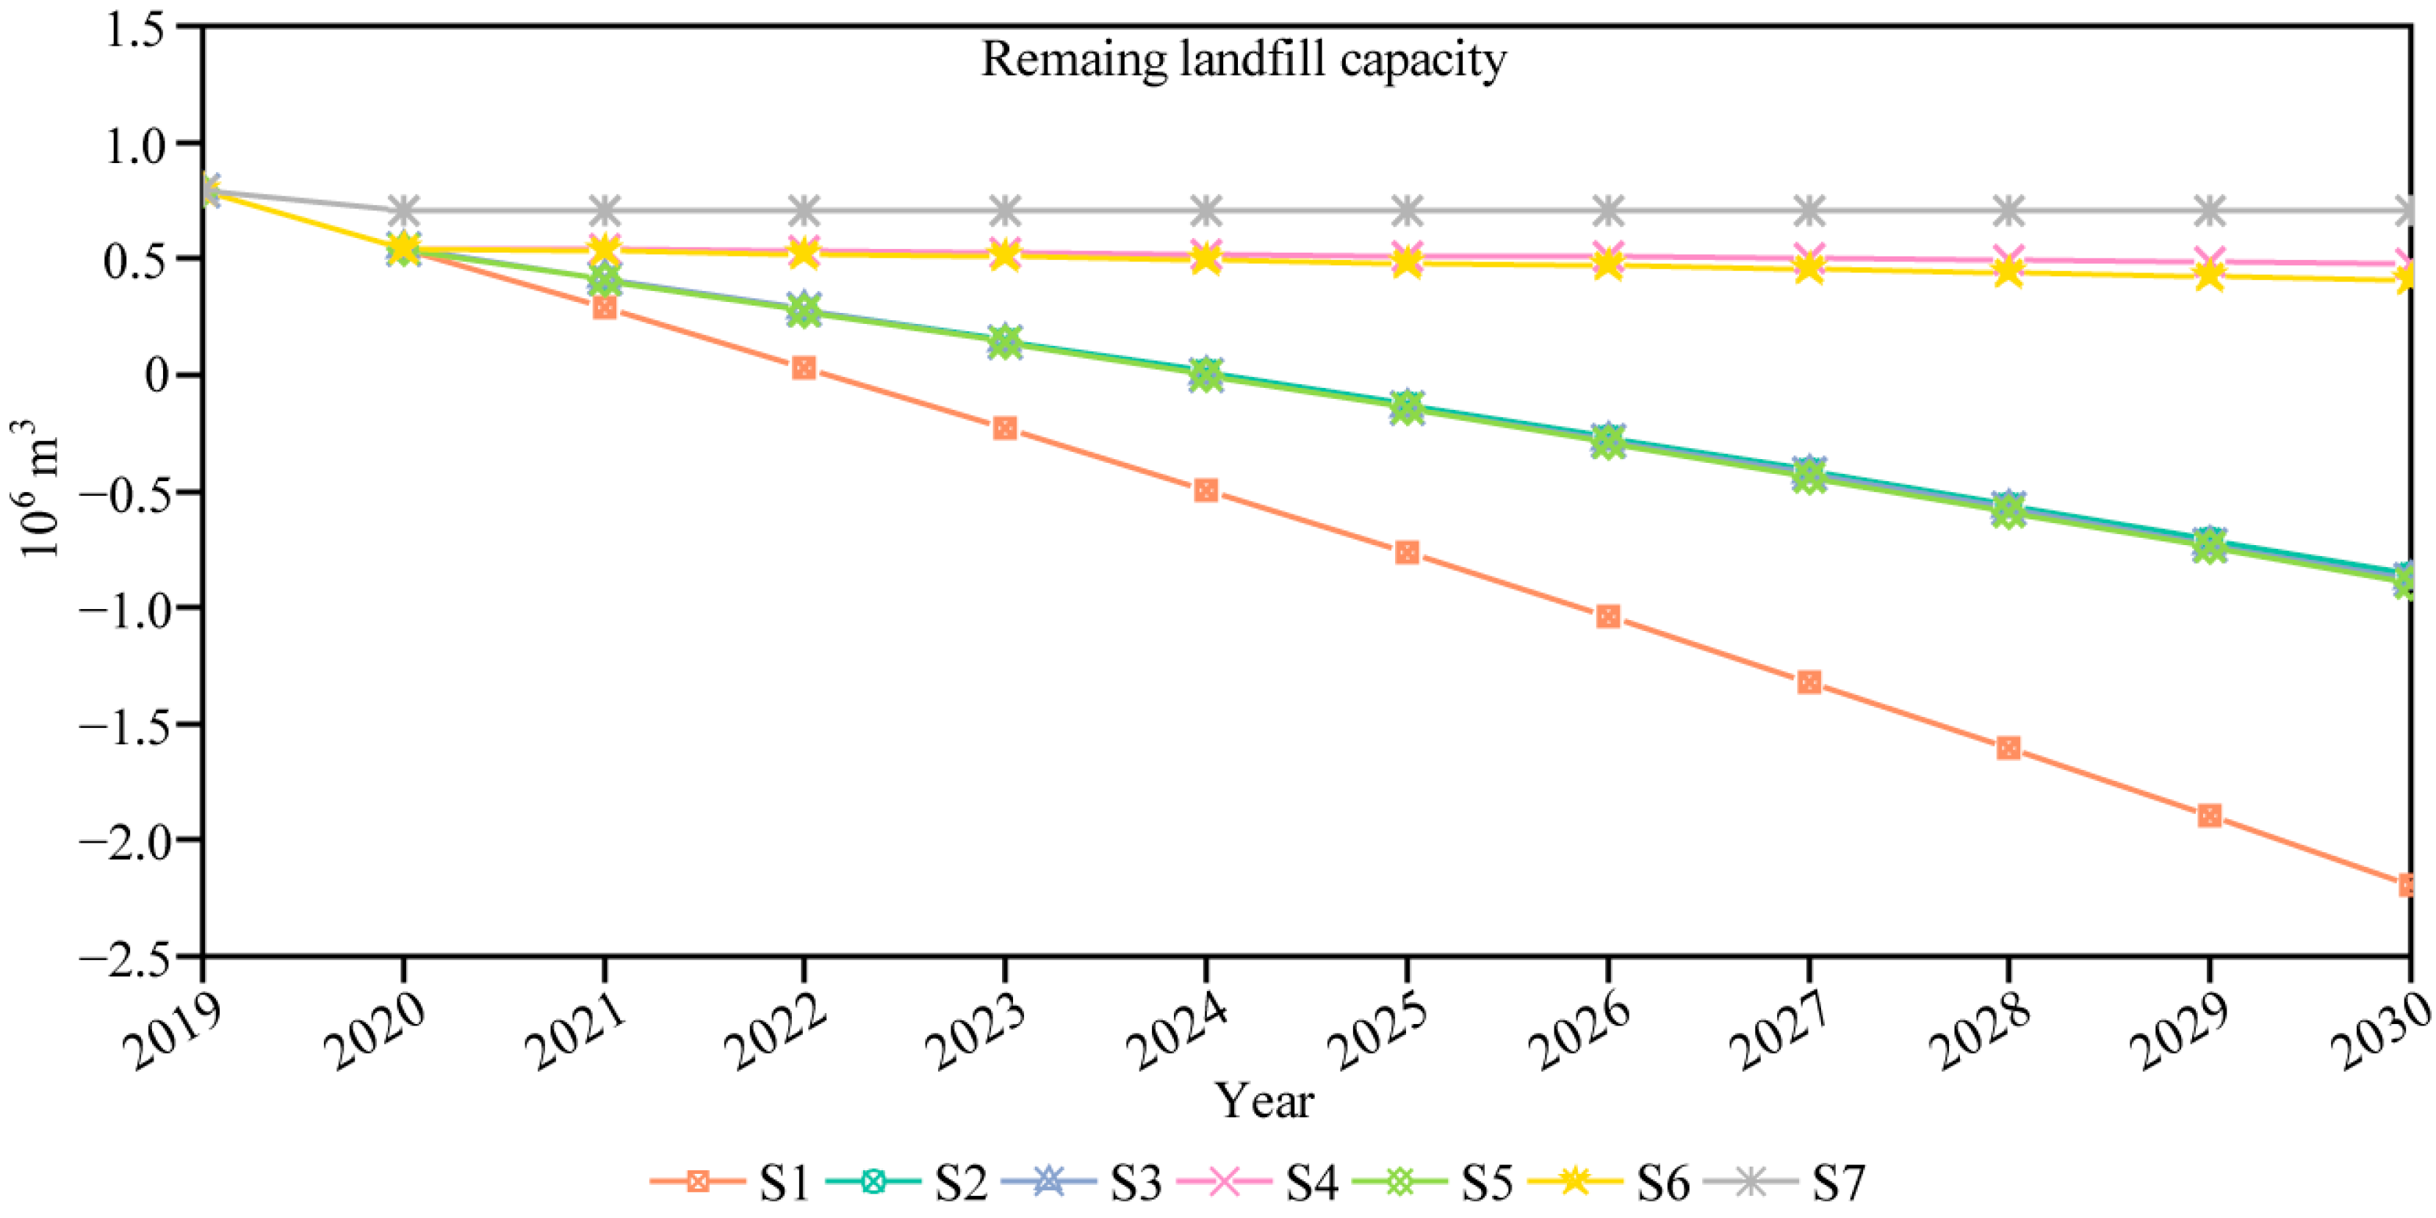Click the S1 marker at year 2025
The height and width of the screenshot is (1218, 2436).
tap(1407, 552)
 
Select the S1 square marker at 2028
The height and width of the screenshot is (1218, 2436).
tap(2008, 748)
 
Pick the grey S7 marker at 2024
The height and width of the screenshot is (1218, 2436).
tap(1206, 210)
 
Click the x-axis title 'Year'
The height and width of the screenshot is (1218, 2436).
tap(1264, 1100)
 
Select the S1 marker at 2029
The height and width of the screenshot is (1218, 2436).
tap(2209, 815)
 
